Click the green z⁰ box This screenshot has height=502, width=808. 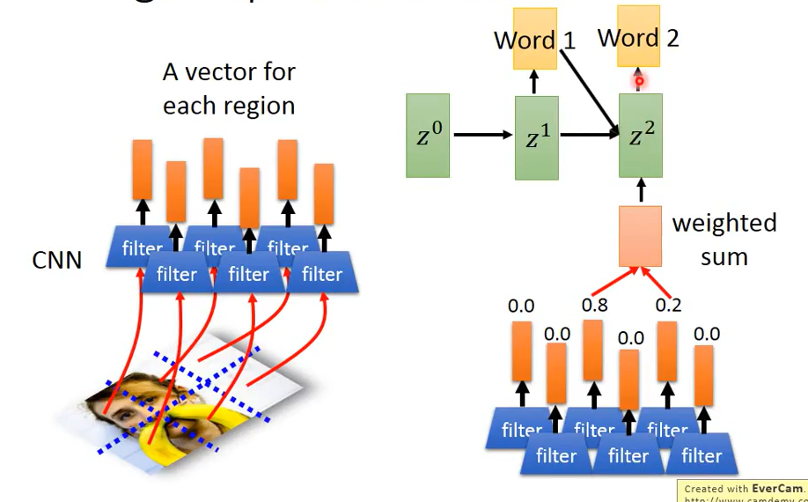[x=428, y=135]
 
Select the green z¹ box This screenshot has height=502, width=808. [x=536, y=137]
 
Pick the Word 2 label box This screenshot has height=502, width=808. [x=638, y=37]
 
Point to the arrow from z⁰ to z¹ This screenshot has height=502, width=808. [x=482, y=135]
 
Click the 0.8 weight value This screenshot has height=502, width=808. [x=594, y=306]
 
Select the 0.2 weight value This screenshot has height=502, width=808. [x=669, y=306]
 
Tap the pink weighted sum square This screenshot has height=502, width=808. [x=640, y=236]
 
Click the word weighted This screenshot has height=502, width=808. [x=724, y=223]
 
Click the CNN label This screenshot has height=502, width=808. [x=57, y=260]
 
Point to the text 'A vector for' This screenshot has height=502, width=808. [x=229, y=71]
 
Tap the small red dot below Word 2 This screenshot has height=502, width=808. [x=640, y=82]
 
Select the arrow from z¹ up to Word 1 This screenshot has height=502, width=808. [x=533, y=83]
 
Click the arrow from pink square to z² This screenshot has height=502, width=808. [x=640, y=191]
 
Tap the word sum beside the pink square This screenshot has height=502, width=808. [x=724, y=257]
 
